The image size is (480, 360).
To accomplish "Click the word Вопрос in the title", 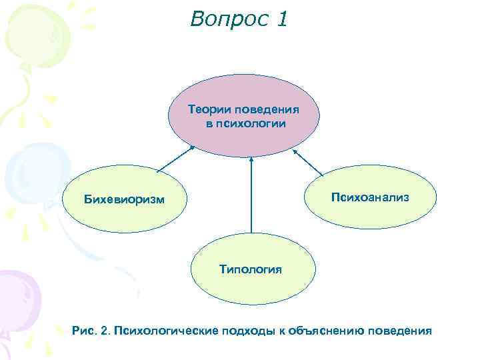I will coord(225,19).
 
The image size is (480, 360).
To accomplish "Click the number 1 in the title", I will coord(281,19).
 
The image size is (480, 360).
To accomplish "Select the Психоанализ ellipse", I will coord(369,197).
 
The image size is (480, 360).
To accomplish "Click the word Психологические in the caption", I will coord(157,330).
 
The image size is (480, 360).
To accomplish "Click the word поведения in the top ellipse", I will coord(266,109).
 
